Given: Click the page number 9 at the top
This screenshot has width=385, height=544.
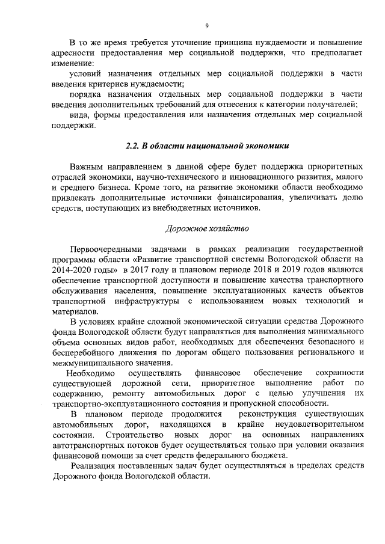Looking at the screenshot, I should (x=206, y=26).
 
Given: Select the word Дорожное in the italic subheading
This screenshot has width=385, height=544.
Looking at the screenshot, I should (x=183, y=228).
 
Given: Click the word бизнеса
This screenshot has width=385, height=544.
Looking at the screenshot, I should (x=103, y=187).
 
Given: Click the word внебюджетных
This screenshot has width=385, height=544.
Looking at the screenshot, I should (x=200, y=208).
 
